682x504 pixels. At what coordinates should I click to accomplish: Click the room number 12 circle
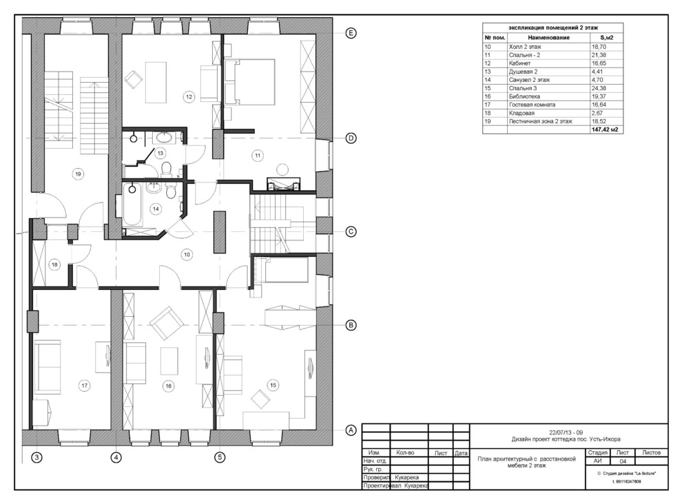[x=189, y=96]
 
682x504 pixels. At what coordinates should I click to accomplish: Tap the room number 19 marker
[x=78, y=174]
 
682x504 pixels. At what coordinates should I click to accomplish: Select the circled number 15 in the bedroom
[x=273, y=385]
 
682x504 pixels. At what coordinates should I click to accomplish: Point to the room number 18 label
[x=54, y=264]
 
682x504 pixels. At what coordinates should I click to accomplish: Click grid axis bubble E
[x=351, y=33]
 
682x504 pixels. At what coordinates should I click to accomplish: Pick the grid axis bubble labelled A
[x=351, y=430]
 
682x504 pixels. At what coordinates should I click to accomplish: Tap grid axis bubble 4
[x=116, y=457]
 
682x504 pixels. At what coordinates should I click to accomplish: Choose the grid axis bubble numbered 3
[x=37, y=457]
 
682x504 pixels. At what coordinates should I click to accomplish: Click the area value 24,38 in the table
[x=599, y=88]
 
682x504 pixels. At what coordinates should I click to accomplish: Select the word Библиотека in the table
[x=524, y=96]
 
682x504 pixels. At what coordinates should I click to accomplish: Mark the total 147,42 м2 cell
[x=605, y=129]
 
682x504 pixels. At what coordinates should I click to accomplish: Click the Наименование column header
[x=549, y=38]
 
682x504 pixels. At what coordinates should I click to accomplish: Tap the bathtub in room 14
[x=133, y=204]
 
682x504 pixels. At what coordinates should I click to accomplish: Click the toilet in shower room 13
[x=167, y=169]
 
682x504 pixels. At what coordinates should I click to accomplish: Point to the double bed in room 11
[x=249, y=82]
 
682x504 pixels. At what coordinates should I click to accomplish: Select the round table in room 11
[x=282, y=169]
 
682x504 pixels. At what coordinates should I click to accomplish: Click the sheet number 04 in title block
[x=623, y=461]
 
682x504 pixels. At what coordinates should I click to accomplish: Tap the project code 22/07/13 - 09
[x=566, y=432]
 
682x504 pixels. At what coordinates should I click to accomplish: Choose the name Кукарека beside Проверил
[x=406, y=477]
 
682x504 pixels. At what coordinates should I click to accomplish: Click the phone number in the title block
[x=626, y=481]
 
